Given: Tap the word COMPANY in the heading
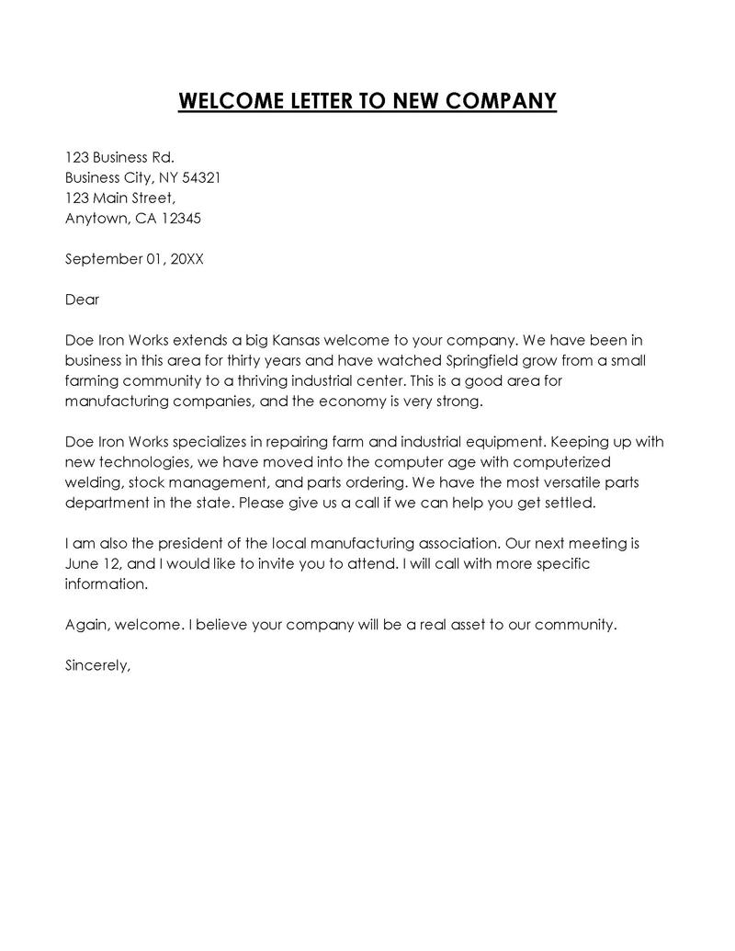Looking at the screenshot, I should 501,100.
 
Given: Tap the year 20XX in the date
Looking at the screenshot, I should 184,259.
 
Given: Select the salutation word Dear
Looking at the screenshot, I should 82,300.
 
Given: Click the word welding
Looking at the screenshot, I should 92,481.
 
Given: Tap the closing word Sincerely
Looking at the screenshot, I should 98,665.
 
